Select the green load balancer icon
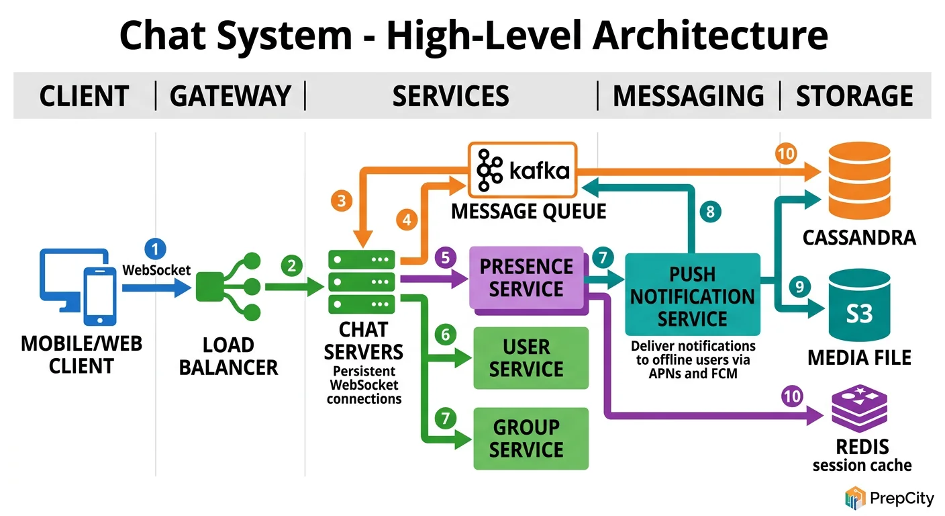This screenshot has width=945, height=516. (228, 287)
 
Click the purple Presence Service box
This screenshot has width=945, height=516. (526, 279)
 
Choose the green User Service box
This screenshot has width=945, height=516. (530, 358)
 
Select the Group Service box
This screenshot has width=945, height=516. (530, 438)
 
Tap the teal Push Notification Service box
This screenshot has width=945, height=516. (692, 294)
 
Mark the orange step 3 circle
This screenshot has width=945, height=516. (342, 200)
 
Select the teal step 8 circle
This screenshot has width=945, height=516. (710, 212)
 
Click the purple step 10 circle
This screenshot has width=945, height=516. (793, 396)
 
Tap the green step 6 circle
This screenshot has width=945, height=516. (444, 334)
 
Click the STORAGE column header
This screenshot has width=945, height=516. (854, 96)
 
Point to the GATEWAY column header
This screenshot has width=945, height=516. (230, 96)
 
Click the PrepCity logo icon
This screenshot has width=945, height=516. (855, 498)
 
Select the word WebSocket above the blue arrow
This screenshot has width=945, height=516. (156, 270)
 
